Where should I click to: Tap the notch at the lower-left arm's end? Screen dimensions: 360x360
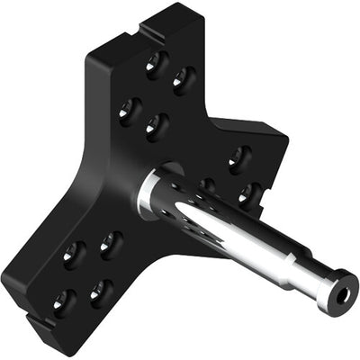tap(33, 317)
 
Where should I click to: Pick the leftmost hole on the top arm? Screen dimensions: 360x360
tap(130, 109)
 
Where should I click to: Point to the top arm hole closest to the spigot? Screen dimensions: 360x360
tap(157, 125)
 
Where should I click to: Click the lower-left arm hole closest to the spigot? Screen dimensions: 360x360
tap(112, 244)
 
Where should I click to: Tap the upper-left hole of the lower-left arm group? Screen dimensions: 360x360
tap(74, 256)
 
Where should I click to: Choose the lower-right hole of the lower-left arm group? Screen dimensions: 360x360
tap(101, 290)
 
